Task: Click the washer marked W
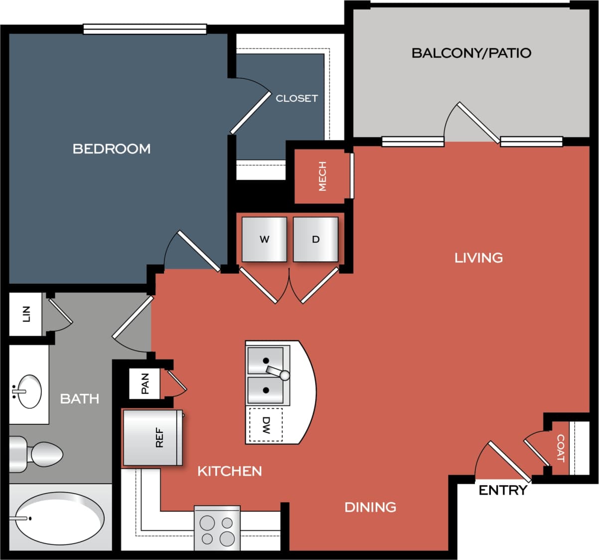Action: [264, 239]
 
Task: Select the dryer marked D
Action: [315, 239]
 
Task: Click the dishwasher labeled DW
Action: [266, 425]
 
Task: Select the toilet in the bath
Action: [37, 454]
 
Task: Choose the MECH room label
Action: [322, 176]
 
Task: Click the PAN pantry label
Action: [145, 383]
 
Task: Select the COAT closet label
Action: [560, 448]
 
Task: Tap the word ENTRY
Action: [502, 490]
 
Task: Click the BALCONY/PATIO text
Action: [471, 53]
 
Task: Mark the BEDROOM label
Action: [112, 149]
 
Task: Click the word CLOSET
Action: [297, 98]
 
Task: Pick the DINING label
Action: [370, 507]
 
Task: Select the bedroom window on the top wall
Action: [145, 29]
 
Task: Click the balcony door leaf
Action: [478, 123]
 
